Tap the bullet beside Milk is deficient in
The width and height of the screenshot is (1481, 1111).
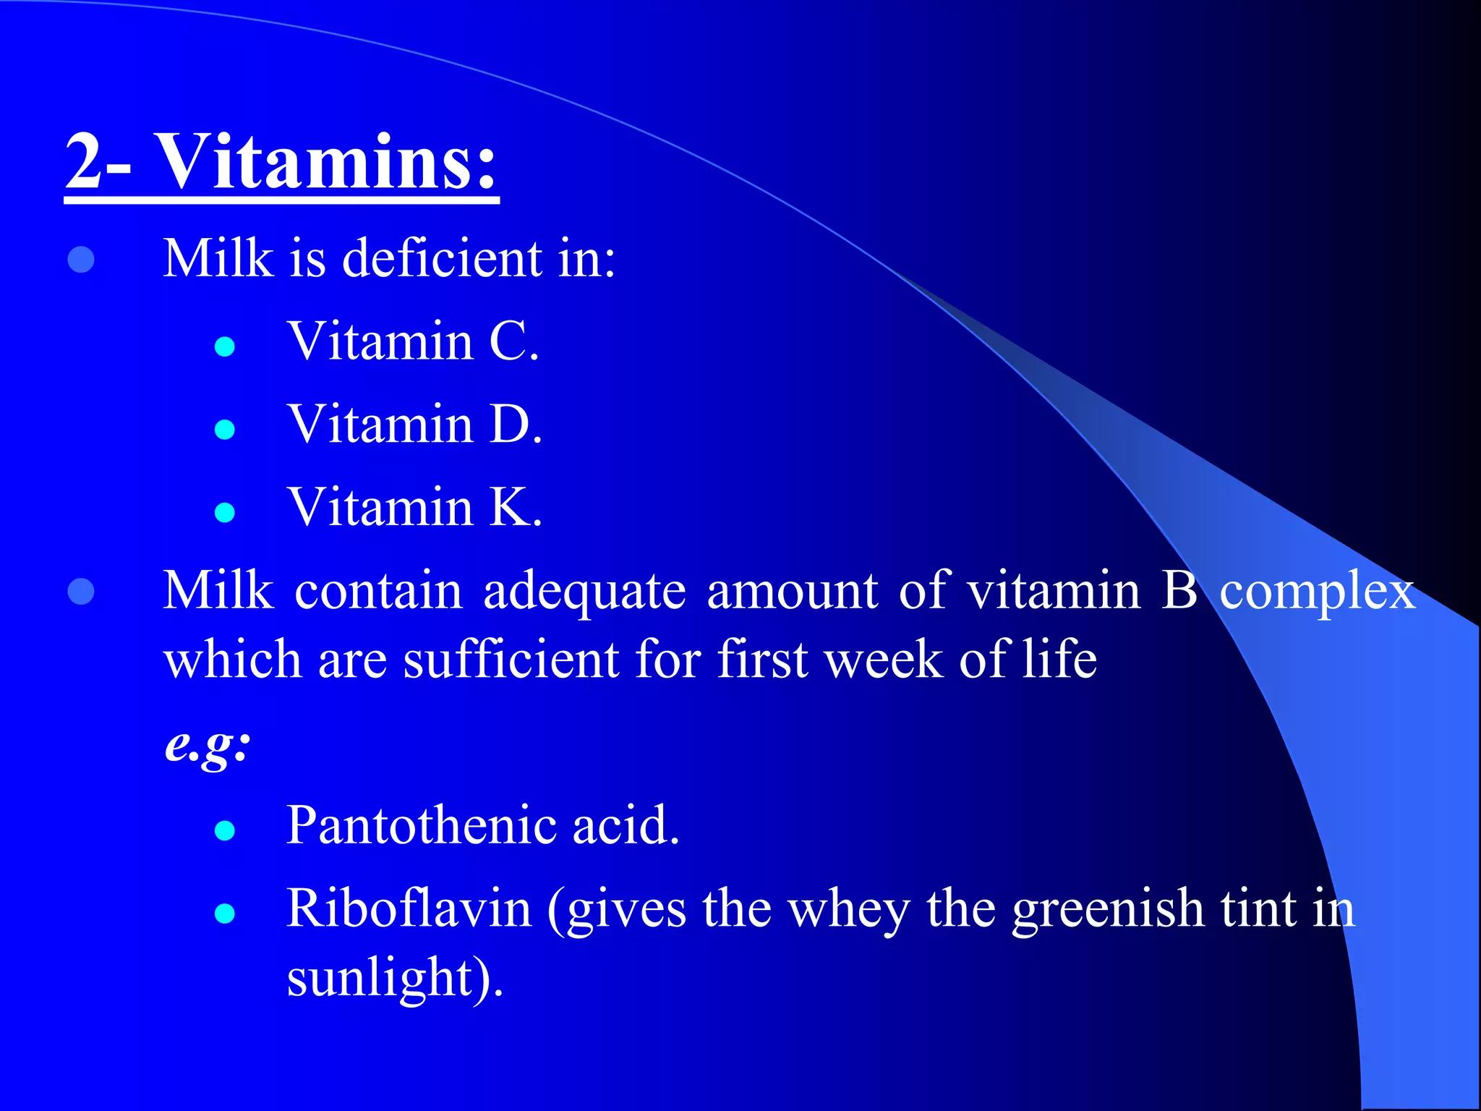point(81,260)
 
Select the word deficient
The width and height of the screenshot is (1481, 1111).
point(442,258)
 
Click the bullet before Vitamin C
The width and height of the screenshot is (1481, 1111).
point(225,347)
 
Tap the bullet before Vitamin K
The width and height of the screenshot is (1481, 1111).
point(225,513)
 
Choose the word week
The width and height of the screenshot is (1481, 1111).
point(884,660)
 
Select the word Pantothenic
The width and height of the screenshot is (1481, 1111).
point(421,825)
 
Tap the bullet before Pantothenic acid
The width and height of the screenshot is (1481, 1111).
point(225,831)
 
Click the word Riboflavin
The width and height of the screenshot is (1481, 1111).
point(409,909)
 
